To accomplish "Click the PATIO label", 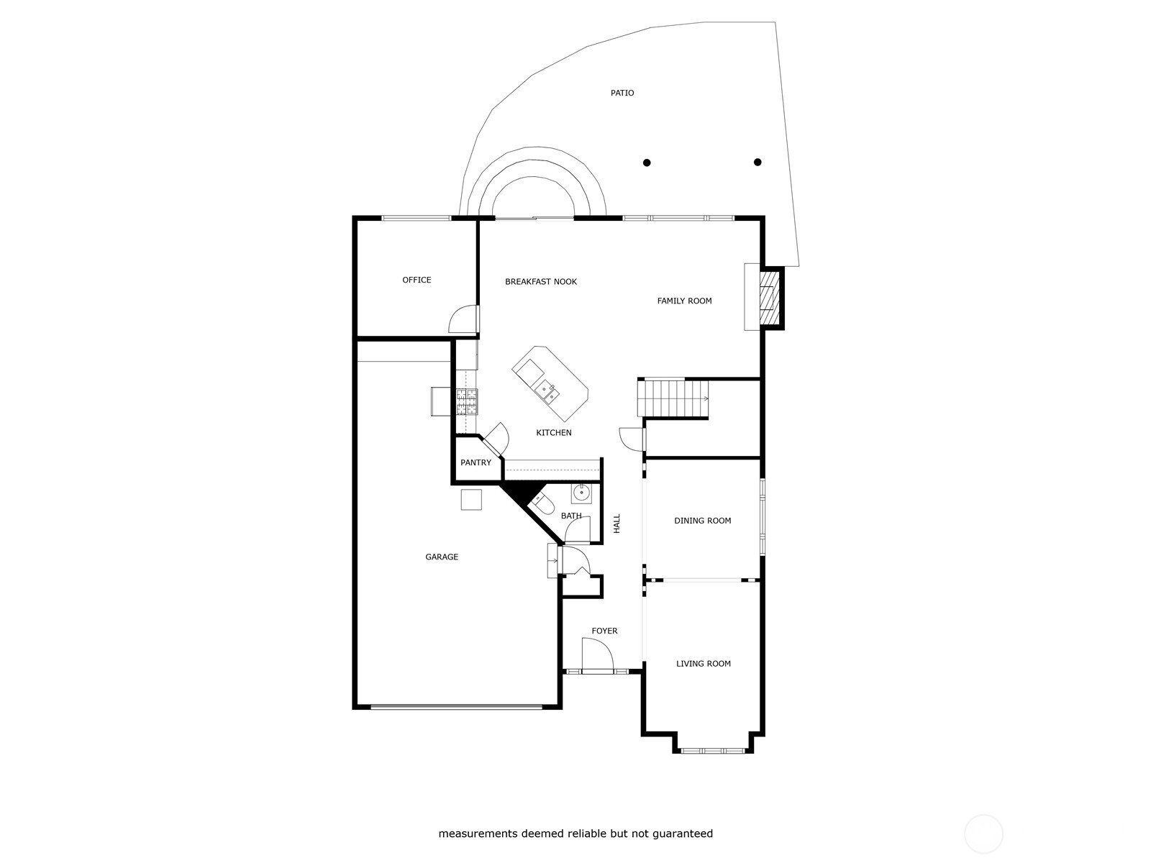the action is click(622, 93).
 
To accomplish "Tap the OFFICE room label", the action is click(417, 280).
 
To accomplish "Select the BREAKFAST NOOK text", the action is click(541, 281).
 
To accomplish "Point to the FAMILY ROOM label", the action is click(684, 301).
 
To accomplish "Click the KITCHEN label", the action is click(554, 432).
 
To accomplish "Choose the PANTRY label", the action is click(476, 462).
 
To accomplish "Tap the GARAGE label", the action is click(442, 557).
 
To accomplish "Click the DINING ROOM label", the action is click(702, 520).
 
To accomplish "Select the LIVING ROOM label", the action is click(703, 663).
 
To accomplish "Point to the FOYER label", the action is click(604, 631).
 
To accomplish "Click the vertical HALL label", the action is click(617, 524).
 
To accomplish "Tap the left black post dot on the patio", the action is click(647, 163).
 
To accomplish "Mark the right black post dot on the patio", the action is click(758, 162).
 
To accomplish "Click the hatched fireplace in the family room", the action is click(770, 298).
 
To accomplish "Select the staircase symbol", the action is click(673, 398).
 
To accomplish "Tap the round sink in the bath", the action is click(581, 493).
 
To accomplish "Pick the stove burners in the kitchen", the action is click(467, 402).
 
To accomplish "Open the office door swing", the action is click(463, 319).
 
